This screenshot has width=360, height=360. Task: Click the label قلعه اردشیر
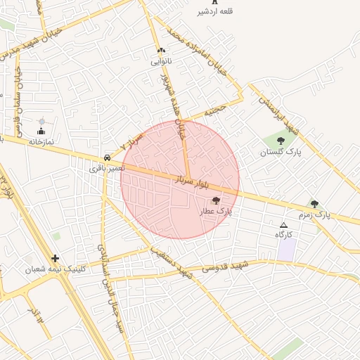217,12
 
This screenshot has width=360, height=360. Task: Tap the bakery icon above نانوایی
162,51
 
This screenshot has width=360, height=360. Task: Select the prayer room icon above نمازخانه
41,131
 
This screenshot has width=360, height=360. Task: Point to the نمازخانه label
41,141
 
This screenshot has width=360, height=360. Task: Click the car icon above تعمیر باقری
106,157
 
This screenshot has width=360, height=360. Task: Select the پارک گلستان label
281,152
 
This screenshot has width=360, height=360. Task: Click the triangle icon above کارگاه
283,225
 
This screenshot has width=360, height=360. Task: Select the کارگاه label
283,234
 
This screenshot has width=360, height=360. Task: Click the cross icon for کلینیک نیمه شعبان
56,258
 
